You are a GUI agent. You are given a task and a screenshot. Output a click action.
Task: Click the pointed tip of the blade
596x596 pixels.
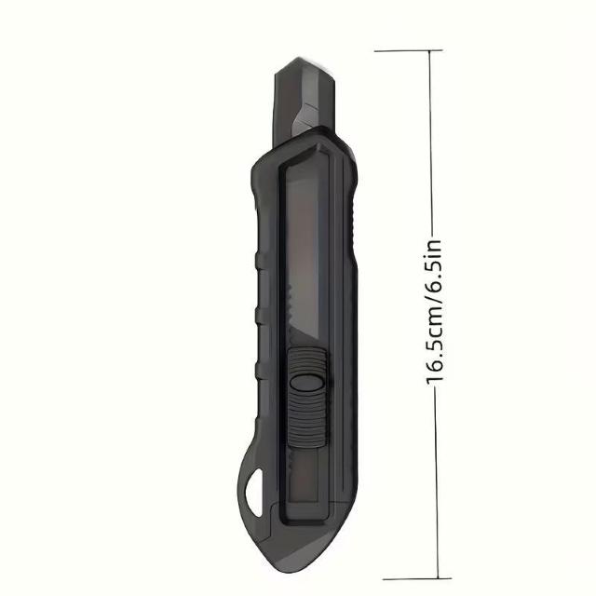(297, 59)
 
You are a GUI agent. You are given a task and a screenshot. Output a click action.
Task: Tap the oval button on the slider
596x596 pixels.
(306, 382)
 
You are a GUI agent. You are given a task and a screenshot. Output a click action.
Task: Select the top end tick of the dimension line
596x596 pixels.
(408, 50)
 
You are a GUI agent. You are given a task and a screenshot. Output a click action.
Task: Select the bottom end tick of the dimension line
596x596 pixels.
(417, 579)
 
